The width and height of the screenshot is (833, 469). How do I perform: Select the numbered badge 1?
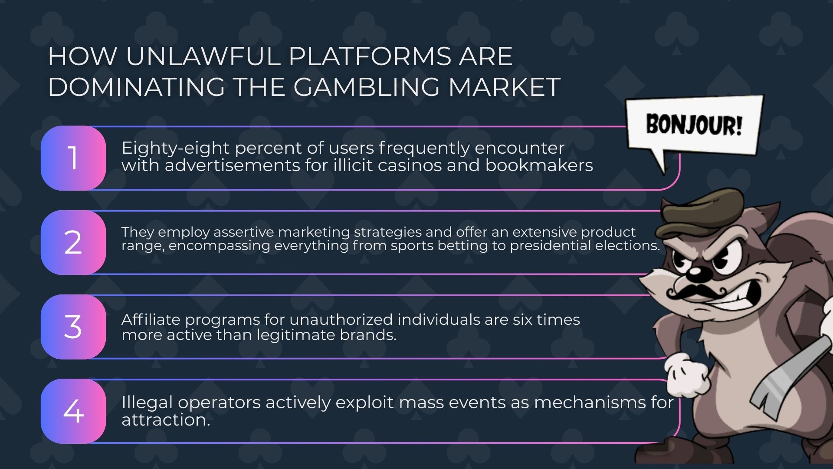coord(73,158)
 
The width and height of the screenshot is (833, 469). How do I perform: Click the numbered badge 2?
coord(73,242)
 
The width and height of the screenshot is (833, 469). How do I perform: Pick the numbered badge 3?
coord(73,327)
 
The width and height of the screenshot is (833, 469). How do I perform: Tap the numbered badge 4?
coord(73,411)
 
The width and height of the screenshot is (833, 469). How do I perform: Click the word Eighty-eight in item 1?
coord(176,149)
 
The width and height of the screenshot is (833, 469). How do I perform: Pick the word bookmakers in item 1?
coord(539,165)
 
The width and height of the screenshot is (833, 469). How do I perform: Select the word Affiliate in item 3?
coord(151,320)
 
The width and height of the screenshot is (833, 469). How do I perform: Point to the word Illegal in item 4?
coord(147,403)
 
